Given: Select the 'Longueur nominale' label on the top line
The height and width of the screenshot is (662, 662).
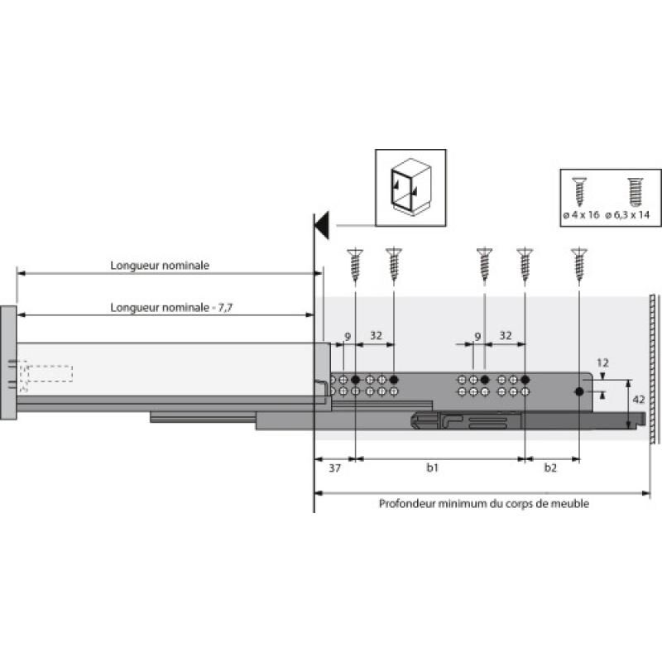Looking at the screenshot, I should pyautogui.click(x=160, y=266).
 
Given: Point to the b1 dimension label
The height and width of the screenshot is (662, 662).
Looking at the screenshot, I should pyautogui.click(x=432, y=468).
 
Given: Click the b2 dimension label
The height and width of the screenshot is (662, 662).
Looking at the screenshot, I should pyautogui.click(x=550, y=468).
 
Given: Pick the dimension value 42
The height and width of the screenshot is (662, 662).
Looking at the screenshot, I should pyautogui.click(x=639, y=400).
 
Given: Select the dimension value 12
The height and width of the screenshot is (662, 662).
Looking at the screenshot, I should pyautogui.click(x=602, y=363).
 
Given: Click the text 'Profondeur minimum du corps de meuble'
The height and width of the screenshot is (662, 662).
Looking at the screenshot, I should pyautogui.click(x=483, y=503).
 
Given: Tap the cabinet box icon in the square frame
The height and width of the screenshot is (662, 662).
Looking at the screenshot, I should pyautogui.click(x=410, y=188).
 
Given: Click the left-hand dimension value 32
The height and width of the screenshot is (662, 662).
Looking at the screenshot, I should pyautogui.click(x=376, y=335).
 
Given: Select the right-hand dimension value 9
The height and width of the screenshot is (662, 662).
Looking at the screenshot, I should pyautogui.click(x=477, y=338).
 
